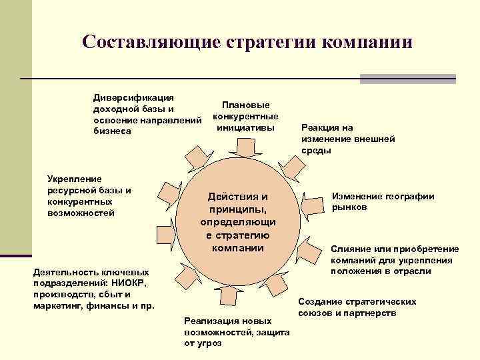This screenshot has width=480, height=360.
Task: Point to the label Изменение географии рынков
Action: coord(383,201)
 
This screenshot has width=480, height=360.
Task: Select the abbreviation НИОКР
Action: coord(137,283)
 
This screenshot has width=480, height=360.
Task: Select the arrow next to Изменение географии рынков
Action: coord(309,199)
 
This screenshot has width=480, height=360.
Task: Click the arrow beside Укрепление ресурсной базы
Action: coord(165,199)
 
